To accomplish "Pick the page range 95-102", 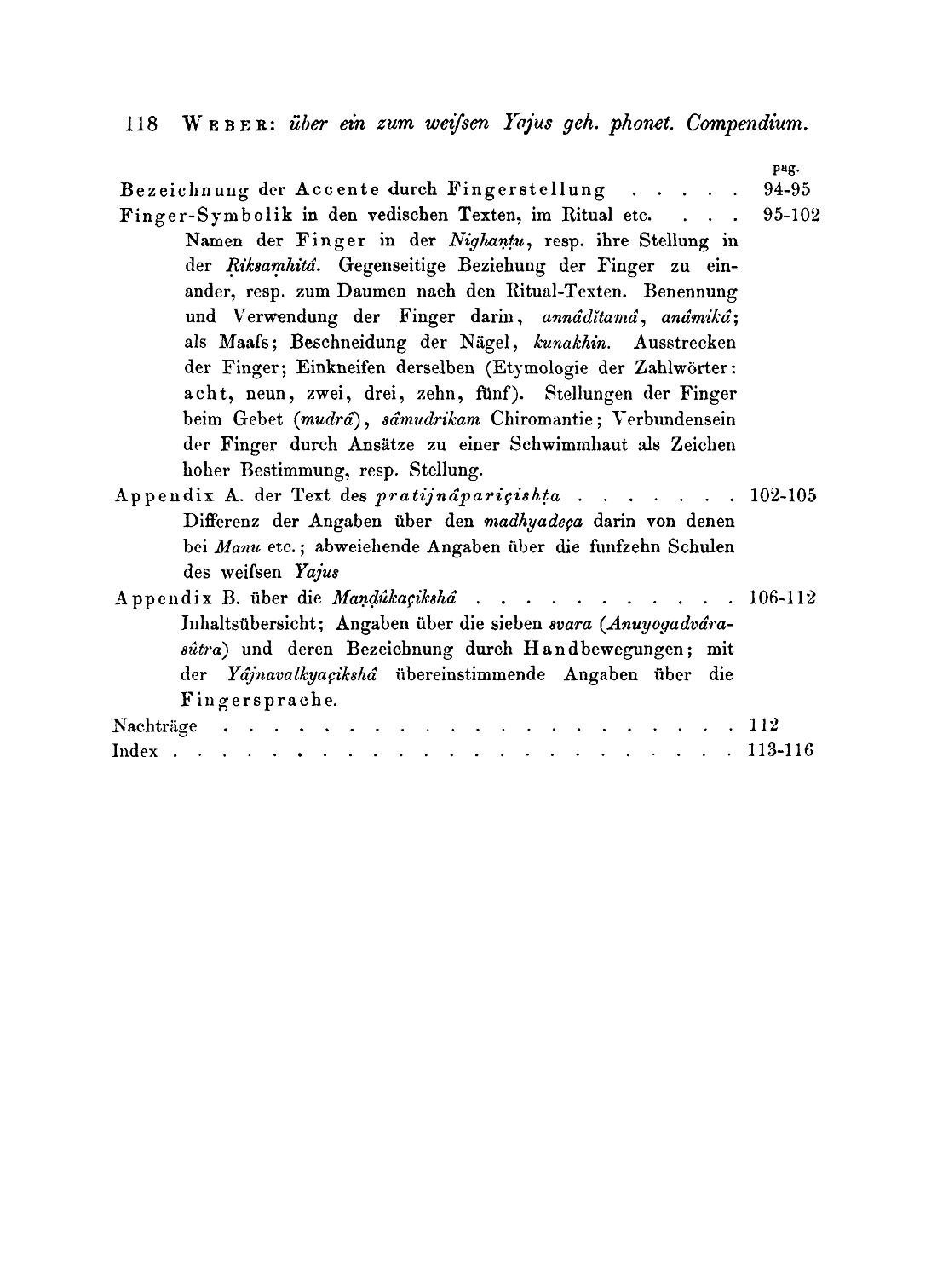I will [791, 215].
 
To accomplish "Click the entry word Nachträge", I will [155, 726].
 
